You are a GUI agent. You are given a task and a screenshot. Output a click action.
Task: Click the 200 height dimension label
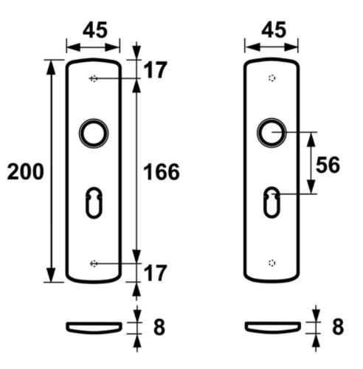(26, 171)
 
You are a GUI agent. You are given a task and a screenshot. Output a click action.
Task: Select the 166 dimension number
(162, 172)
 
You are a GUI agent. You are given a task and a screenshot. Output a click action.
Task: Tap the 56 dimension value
(328, 165)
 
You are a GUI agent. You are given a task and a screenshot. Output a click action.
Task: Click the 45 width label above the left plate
(95, 30)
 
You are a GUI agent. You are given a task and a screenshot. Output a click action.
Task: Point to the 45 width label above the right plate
(274, 30)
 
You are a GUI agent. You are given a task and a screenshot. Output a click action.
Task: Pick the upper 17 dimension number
(155, 70)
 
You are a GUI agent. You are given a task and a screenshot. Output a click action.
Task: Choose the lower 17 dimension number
(155, 273)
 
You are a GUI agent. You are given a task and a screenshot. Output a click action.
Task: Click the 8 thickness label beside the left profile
(159, 327)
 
